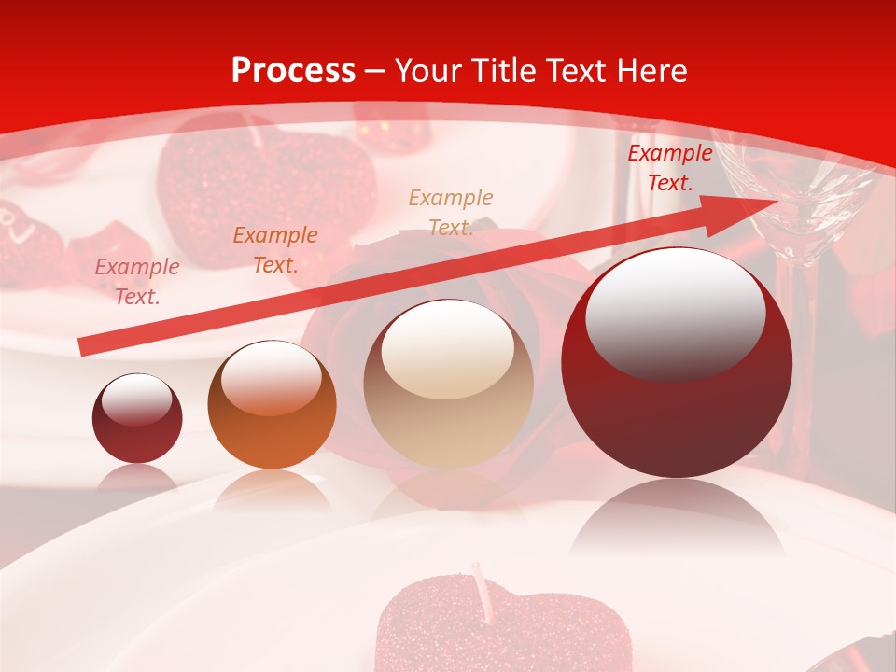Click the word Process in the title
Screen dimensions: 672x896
293,71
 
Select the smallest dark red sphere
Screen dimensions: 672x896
137,418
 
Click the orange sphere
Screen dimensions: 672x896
272,404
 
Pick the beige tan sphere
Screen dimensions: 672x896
448,384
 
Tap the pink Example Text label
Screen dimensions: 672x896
137,282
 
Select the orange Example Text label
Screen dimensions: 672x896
275,250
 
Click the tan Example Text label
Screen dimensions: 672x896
451,212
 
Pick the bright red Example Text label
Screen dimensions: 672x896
669,168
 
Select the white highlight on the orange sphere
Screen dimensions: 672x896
270,377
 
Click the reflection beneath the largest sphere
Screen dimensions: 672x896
677,523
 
